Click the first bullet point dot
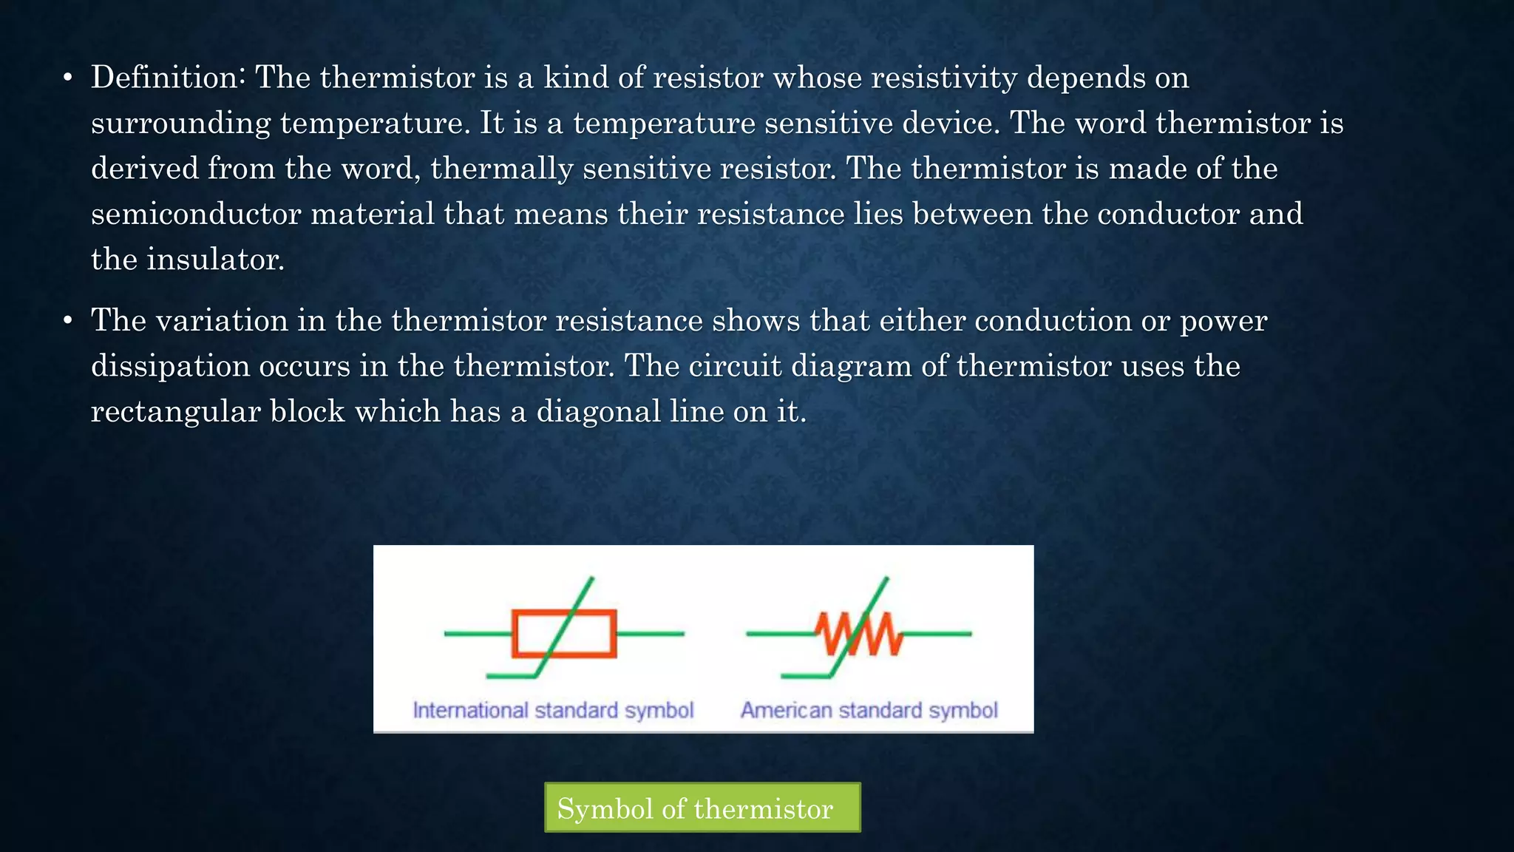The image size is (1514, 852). click(67, 78)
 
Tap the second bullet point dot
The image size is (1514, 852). click(67, 321)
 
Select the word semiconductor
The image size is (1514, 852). click(196, 214)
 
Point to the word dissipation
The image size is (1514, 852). click(170, 366)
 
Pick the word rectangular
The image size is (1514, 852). click(175, 412)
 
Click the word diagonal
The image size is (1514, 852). click(598, 412)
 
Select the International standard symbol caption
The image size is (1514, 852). click(553, 711)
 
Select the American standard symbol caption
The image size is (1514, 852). click(869, 711)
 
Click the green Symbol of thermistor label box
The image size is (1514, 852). click(702, 808)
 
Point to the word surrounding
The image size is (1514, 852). click(180, 124)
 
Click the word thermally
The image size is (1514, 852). click(502, 169)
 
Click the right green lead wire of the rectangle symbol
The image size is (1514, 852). click(651, 634)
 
